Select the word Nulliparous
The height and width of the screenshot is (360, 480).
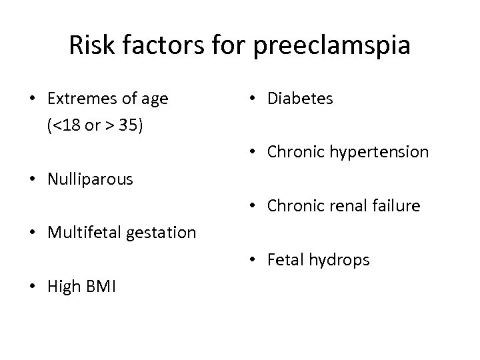(x=91, y=179)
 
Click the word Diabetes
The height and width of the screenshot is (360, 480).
(x=300, y=99)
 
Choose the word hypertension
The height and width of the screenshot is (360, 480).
(x=379, y=153)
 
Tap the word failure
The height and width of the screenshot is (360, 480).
(x=396, y=206)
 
